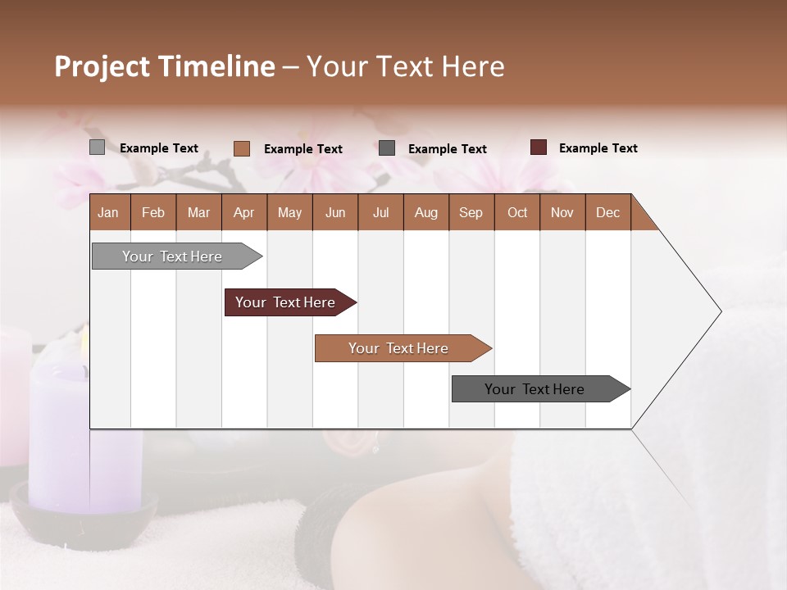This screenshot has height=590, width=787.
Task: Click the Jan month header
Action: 109,212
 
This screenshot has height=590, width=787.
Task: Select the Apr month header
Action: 244,212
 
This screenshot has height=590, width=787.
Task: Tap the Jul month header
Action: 380,212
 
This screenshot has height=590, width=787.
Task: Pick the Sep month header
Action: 471,212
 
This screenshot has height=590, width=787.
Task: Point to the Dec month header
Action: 607,212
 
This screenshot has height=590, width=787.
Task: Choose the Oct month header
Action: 517,212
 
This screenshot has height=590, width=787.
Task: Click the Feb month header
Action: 153,212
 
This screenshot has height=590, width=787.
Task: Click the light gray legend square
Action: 97,147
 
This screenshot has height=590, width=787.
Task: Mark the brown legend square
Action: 242,148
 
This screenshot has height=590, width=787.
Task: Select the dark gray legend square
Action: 387,148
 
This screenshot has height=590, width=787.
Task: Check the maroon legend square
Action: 539,147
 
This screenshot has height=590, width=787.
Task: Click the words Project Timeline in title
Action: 164,66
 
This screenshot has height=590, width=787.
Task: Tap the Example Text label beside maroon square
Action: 598,148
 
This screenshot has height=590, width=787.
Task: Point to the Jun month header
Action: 335,212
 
